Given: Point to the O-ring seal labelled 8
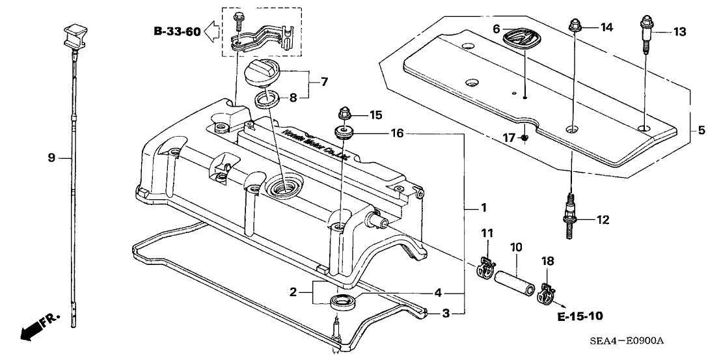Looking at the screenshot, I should click(267, 100).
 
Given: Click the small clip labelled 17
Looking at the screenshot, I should click(525, 138).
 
